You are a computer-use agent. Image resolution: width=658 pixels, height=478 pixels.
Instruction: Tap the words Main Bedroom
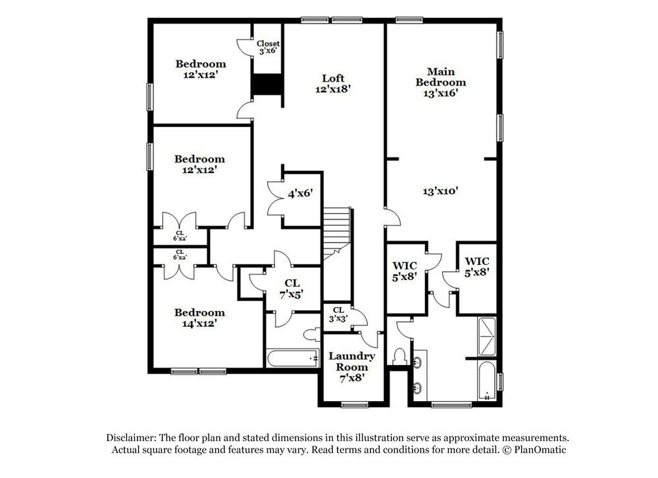[440, 76]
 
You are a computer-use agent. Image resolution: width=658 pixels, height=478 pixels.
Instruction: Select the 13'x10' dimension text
[440, 191]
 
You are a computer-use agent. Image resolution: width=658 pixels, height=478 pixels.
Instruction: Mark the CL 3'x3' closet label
[338, 314]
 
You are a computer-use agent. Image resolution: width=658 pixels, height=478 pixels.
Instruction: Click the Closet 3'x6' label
[268, 47]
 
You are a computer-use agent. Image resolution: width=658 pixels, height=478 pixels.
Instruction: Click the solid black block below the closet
[268, 85]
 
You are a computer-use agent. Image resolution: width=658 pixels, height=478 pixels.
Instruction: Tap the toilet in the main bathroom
[399, 357]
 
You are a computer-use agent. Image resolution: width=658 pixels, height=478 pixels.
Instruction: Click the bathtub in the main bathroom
[487, 380]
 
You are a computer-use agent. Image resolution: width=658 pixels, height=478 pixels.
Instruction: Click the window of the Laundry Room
[355, 404]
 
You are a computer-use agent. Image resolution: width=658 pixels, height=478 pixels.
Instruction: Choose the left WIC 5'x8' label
[405, 271]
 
